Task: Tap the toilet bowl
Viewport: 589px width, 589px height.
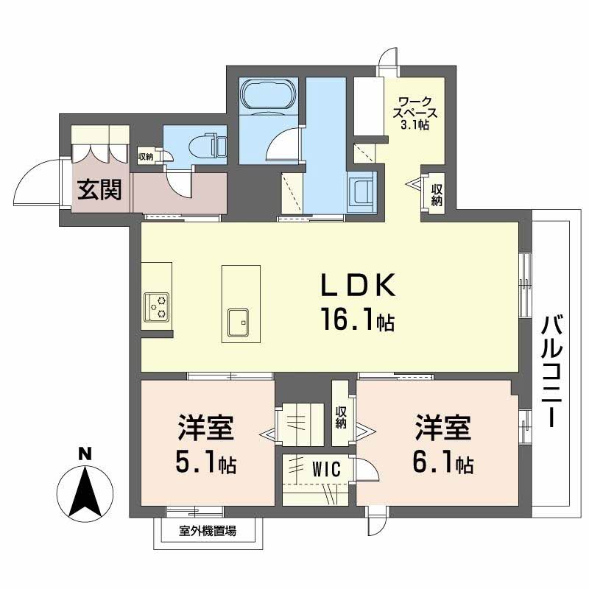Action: (207, 145)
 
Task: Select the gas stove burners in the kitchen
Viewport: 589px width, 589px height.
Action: (157, 306)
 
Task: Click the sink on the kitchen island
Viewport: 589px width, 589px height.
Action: (239, 322)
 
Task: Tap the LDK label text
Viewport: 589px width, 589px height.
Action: (357, 286)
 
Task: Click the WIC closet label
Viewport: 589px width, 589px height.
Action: (326, 469)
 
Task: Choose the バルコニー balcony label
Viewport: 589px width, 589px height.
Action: (551, 372)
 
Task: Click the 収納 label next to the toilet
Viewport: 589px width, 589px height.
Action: (146, 157)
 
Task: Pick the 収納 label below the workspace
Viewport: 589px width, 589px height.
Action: (437, 194)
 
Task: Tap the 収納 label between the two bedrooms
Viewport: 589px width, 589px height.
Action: (341, 417)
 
